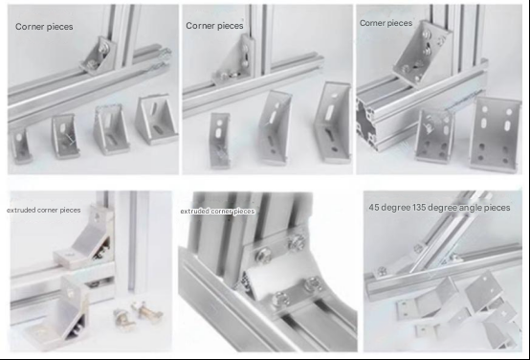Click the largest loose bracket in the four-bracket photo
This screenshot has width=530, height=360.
coord(157,120)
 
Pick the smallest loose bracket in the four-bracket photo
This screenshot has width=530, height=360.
coord(20,146)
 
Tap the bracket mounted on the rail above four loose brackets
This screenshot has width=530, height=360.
coord(99,56)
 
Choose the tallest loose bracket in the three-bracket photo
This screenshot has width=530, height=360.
coord(333,122)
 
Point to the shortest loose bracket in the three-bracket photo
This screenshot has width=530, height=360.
coord(219,141)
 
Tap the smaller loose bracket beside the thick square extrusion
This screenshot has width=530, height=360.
coord(434,136)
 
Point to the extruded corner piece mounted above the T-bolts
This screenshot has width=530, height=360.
coord(84,240)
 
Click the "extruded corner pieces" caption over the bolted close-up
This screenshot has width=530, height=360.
coord(217,212)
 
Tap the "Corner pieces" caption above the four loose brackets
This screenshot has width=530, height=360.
coord(44,27)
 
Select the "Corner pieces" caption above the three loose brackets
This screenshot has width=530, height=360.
coord(214,26)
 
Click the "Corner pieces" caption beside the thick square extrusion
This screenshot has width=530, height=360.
coord(386,23)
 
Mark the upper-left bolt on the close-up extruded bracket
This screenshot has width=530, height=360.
coord(263,256)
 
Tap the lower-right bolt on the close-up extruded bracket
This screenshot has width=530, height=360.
coord(314,283)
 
